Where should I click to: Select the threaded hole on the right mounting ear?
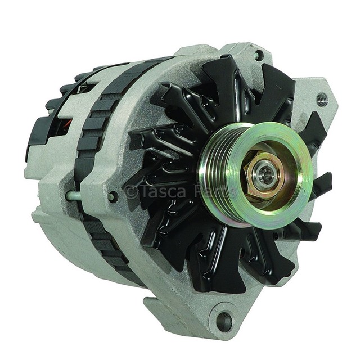(x=322, y=99)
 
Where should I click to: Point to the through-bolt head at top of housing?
(x=259, y=55)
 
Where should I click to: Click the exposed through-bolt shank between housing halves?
(x=74, y=196)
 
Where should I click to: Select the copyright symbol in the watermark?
(x=131, y=192)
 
